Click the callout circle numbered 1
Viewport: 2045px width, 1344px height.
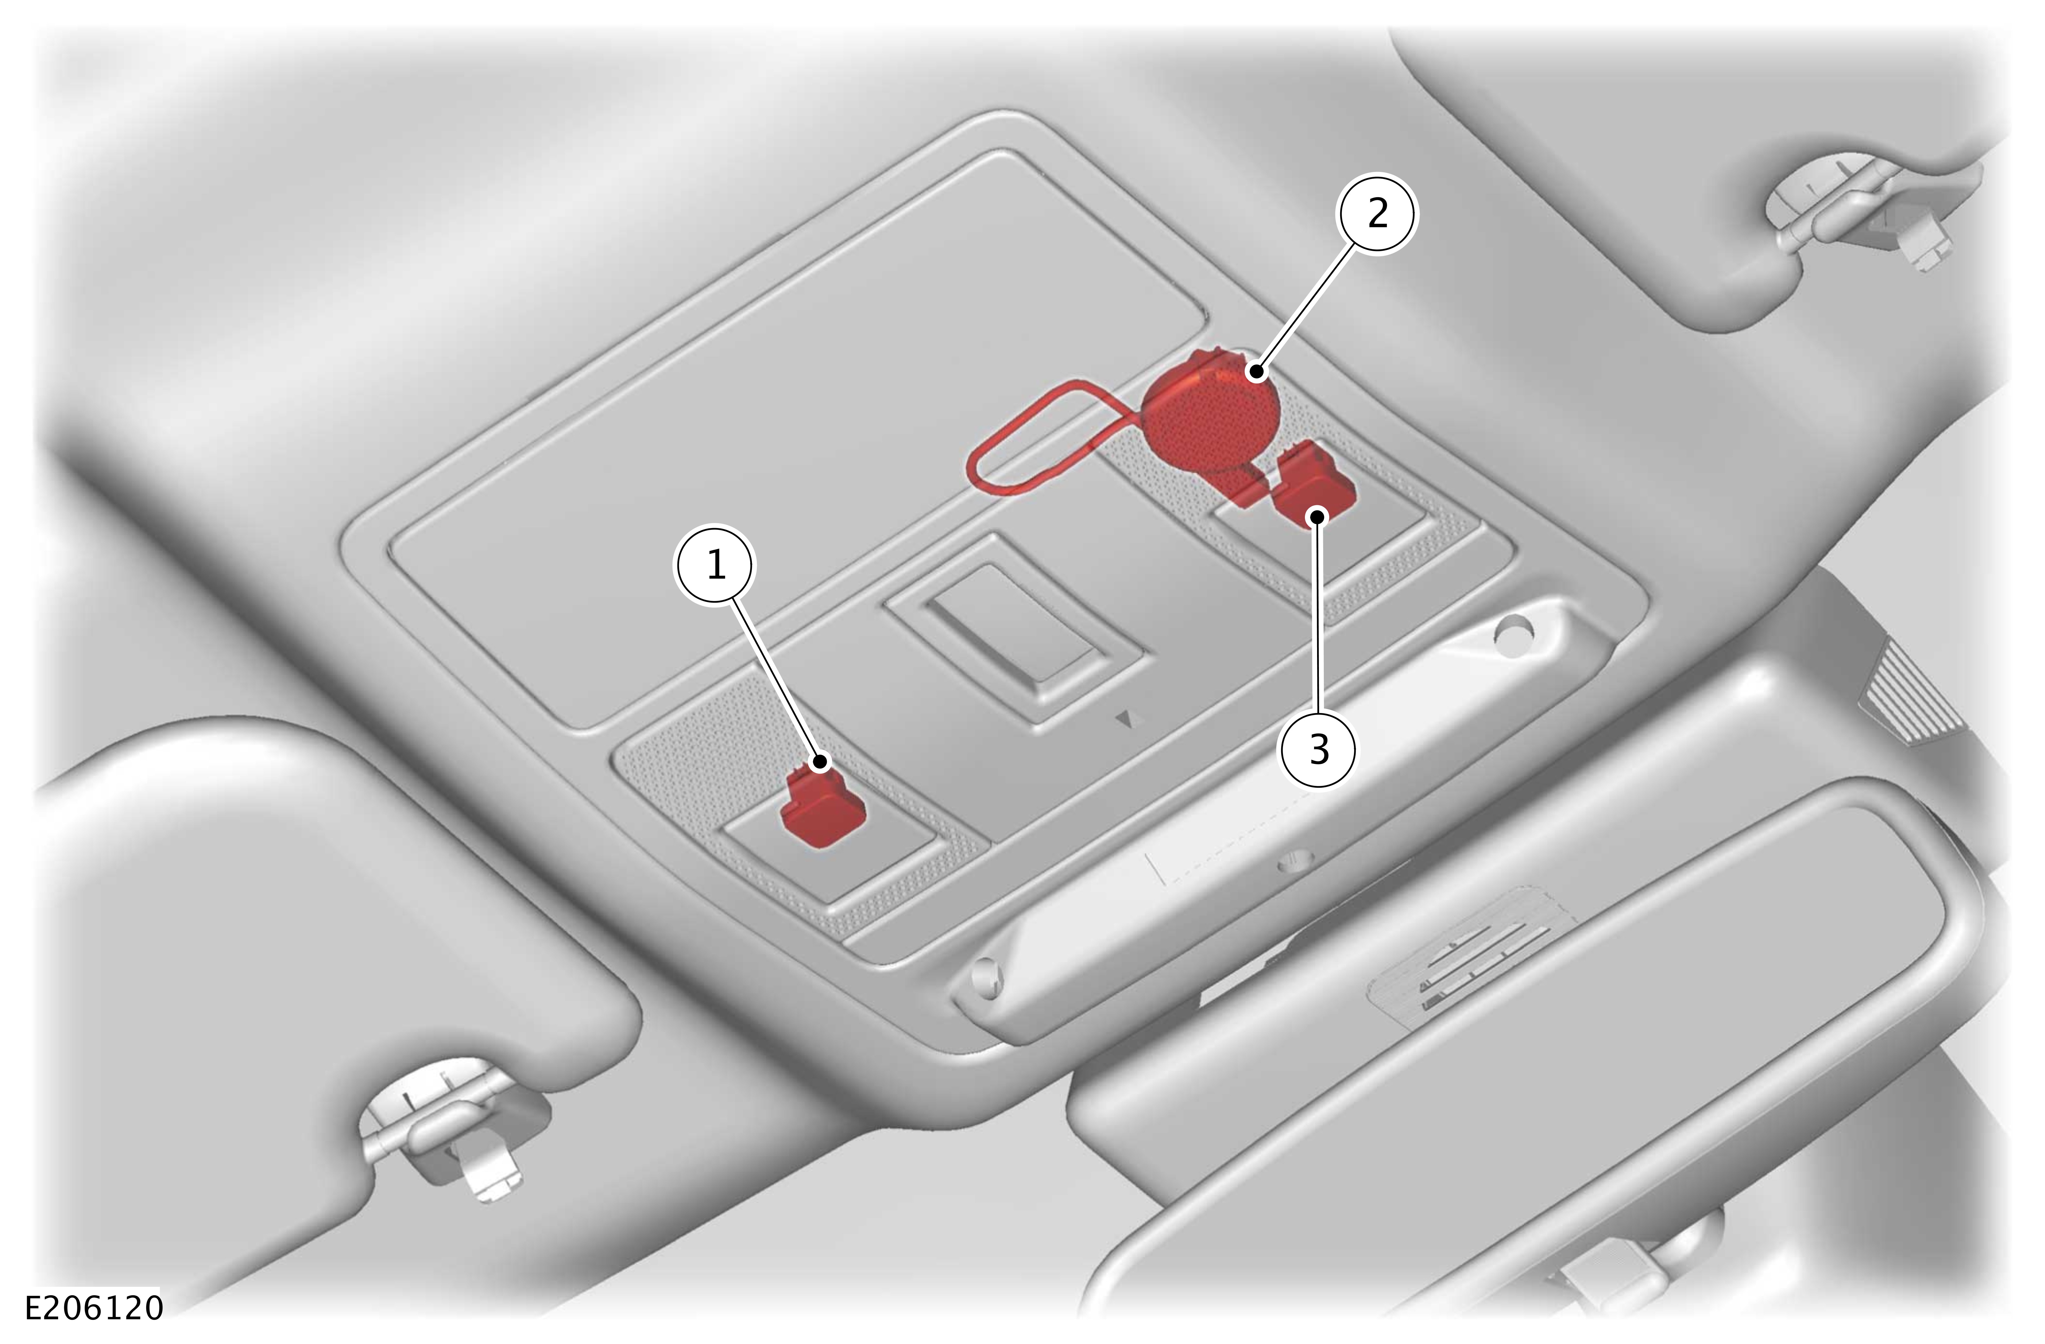pyautogui.click(x=716, y=565)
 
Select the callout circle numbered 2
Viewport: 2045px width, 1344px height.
pyautogui.click(x=1376, y=214)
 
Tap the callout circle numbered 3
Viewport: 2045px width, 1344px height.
pyautogui.click(x=1319, y=749)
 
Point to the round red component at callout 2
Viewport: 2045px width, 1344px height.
pyautogui.click(x=1210, y=412)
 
